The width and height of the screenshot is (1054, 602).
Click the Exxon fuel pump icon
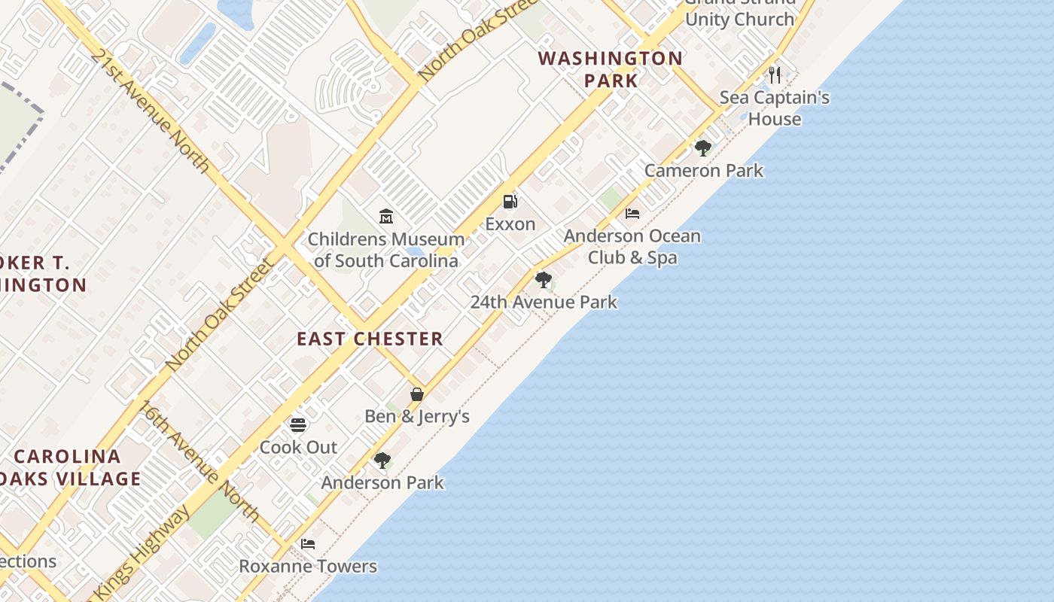(x=510, y=202)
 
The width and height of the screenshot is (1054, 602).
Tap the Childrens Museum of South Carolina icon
(x=386, y=217)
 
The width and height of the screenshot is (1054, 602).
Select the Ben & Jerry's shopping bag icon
(x=417, y=394)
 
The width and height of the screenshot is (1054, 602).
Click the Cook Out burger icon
(x=298, y=425)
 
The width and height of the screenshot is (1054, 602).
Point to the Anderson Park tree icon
(x=382, y=460)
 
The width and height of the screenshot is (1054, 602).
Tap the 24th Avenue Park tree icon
(x=543, y=280)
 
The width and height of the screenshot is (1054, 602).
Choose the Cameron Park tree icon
(x=703, y=148)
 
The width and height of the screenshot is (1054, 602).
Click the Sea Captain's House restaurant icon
(x=774, y=74)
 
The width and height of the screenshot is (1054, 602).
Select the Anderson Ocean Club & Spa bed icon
(x=632, y=214)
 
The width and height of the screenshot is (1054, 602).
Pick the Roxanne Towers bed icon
(x=308, y=544)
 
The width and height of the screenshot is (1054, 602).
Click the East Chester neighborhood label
(x=370, y=339)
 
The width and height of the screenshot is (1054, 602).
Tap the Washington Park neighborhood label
(x=611, y=69)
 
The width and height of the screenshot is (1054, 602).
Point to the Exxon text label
(x=510, y=224)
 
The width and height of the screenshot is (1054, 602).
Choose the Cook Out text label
(x=298, y=447)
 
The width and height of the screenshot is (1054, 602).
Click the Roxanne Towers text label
(x=308, y=566)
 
